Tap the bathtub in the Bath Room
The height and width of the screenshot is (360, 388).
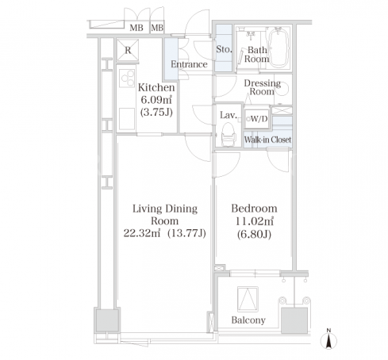pyautogui.click(x=278, y=48)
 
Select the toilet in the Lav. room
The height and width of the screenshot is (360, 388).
pyautogui.click(x=228, y=134)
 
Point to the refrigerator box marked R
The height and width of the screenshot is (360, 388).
pyautogui.click(x=128, y=50)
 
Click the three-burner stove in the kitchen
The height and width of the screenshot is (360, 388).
pyautogui.click(x=127, y=78)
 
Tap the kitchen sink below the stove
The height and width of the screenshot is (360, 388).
pyautogui.click(x=127, y=119)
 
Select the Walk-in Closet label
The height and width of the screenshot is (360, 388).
pyautogui.click(x=267, y=140)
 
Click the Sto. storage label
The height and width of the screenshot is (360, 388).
pyautogui.click(x=224, y=49)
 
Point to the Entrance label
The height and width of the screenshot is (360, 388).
pyautogui.click(x=189, y=64)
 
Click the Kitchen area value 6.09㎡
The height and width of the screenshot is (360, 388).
pyautogui.click(x=156, y=100)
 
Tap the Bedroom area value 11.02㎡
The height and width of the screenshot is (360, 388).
pyautogui.click(x=254, y=221)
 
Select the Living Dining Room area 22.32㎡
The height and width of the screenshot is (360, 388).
pyautogui.click(x=142, y=233)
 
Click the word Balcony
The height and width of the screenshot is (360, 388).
pyautogui.click(x=248, y=320)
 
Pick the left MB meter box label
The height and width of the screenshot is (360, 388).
pyautogui.click(x=136, y=28)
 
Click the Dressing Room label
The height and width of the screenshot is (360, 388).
pyautogui.click(x=262, y=87)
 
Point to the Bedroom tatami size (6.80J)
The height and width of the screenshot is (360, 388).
pyautogui.click(x=254, y=234)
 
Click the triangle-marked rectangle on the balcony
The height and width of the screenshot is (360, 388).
pyautogui.click(x=248, y=299)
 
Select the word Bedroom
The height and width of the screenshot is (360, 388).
pyautogui.click(x=254, y=209)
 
